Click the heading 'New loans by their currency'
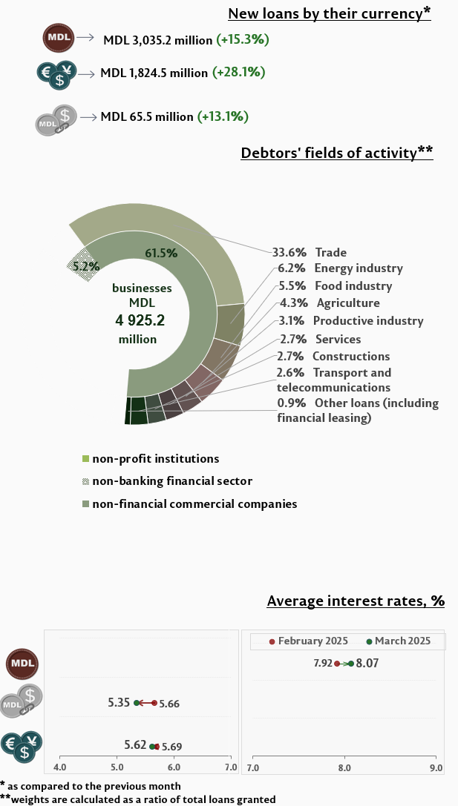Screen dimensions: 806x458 329,13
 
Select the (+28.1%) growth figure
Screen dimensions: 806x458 238,73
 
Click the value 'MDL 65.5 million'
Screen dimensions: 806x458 147,116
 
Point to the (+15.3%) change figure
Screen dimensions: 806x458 242,39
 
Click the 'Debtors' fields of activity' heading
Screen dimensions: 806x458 336,153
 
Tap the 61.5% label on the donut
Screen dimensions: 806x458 161,253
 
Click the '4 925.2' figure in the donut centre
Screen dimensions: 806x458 140,320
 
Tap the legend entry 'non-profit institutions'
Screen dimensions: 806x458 155,459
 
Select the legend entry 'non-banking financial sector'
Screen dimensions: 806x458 171,481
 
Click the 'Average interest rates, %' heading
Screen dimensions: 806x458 355,601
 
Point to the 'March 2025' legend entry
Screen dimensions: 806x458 402,641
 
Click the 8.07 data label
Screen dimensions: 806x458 367,663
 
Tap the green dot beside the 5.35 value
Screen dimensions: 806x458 137,703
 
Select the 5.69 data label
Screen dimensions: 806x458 171,747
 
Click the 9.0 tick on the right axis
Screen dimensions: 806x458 435,767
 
